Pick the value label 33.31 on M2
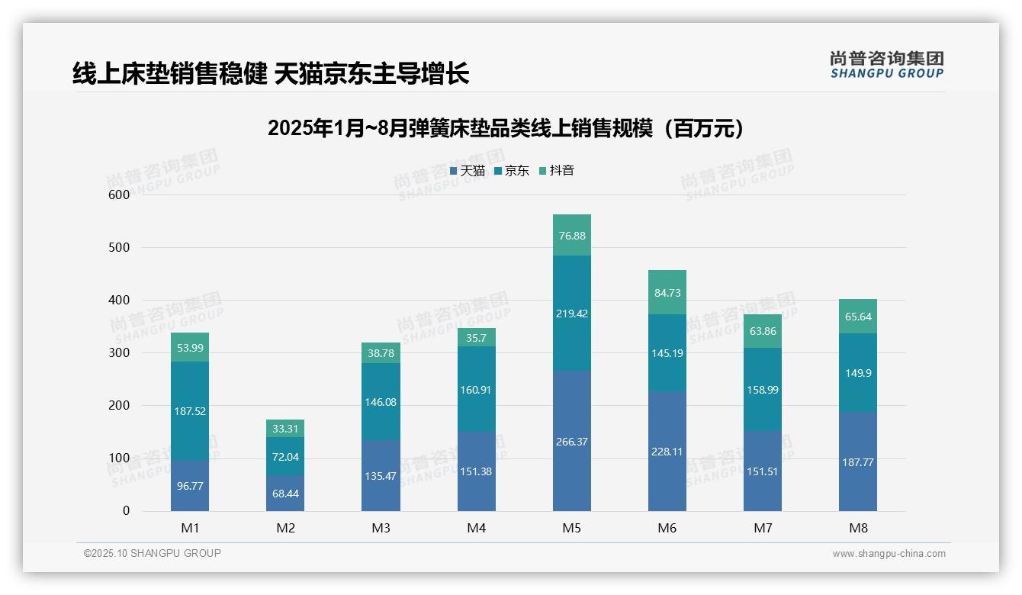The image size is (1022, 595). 285,429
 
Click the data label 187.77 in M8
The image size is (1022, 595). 858,462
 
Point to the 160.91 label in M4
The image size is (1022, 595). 476,390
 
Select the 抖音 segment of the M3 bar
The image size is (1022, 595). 381,353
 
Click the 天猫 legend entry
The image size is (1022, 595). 467,171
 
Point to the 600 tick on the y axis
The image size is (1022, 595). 120,195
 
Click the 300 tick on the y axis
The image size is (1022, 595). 120,353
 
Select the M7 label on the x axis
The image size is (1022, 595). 763,528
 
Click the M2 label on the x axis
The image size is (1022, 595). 285,528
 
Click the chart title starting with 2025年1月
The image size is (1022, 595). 506,128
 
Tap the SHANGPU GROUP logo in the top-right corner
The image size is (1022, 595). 886,65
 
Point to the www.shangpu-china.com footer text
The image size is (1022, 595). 889,554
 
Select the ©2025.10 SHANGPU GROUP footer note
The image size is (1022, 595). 153,554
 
